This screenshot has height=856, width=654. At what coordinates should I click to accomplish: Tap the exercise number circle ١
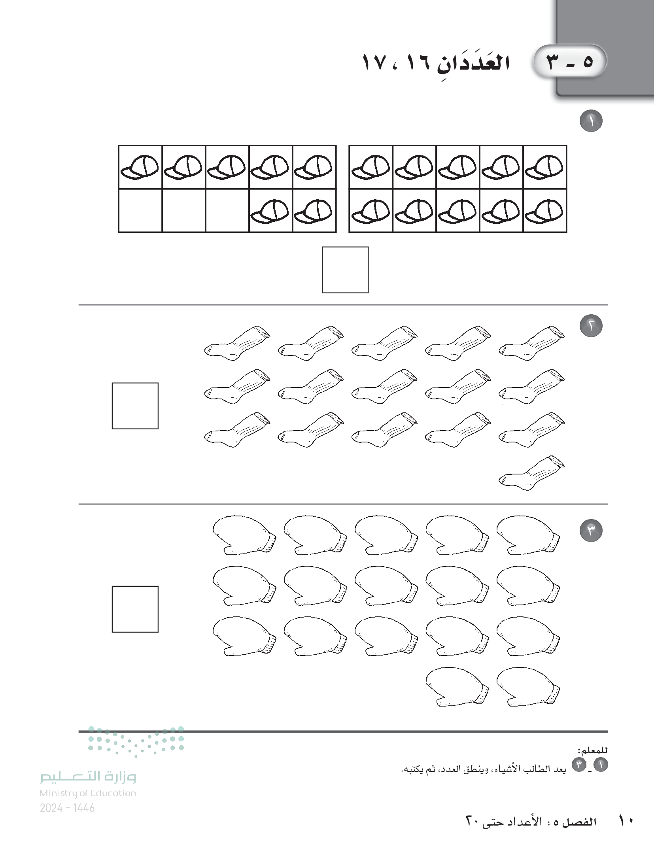(x=591, y=121)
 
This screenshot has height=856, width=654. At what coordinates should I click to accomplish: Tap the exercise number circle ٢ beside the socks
(x=591, y=326)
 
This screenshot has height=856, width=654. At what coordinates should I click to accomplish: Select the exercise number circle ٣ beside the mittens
(x=591, y=531)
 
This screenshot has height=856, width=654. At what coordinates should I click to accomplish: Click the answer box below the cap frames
(x=345, y=270)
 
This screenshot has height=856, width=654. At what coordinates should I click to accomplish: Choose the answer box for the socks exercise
(x=135, y=406)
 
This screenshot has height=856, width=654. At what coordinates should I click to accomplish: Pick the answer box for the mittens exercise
(x=135, y=609)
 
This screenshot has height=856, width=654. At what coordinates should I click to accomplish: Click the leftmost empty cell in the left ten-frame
(x=140, y=210)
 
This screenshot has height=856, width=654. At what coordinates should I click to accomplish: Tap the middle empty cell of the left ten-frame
(x=184, y=210)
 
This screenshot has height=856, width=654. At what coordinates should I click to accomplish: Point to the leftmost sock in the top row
(x=238, y=343)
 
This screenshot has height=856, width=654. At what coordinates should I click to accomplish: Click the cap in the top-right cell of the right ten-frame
(x=544, y=166)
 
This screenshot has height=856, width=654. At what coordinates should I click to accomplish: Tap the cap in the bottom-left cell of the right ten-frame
(x=370, y=210)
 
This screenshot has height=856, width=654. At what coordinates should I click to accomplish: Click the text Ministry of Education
(x=88, y=793)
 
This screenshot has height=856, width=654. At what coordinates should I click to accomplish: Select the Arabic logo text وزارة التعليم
(x=88, y=777)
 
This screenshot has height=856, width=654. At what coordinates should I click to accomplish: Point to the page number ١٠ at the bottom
(x=626, y=831)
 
